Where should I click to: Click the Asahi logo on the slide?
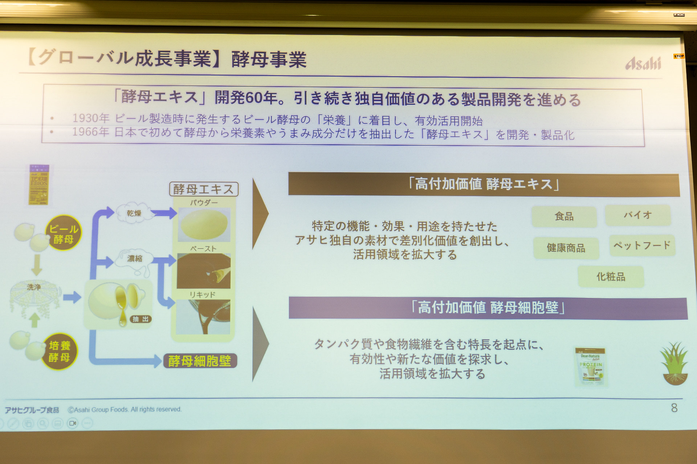[643, 64]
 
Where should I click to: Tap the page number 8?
[674, 408]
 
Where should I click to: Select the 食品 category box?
[564, 217]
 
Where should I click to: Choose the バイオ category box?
[637, 215]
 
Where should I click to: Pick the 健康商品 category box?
[566, 248]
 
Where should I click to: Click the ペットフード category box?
[642, 245]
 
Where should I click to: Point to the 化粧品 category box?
[611, 277]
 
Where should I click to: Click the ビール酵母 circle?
[64, 233]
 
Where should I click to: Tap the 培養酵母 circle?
[60, 351]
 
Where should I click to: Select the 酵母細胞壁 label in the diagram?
[200, 361]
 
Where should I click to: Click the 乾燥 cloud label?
[134, 213]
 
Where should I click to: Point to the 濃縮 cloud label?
[135, 258]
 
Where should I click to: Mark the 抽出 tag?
[140, 319]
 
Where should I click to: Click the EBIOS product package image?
[39, 185]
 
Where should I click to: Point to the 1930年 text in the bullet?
[91, 118]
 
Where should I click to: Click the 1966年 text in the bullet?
[91, 132]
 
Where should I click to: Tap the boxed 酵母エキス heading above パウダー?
[203, 189]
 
